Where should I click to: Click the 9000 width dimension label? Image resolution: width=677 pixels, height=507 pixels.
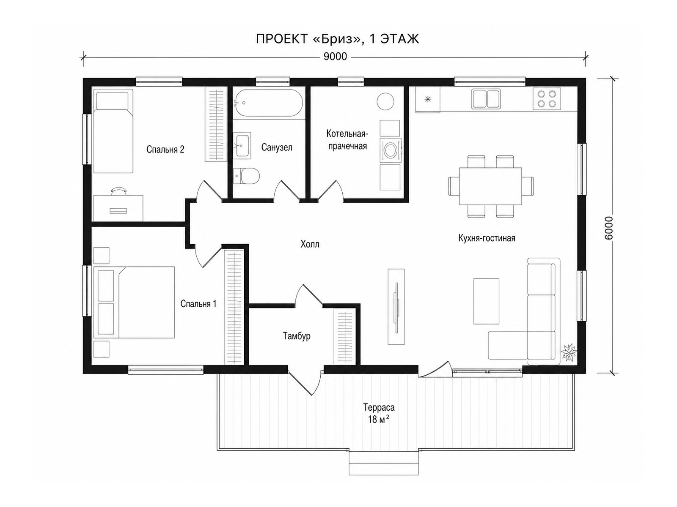point(335,57)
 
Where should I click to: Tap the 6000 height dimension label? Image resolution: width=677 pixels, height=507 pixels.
point(608,228)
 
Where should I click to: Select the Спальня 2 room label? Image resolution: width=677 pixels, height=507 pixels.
point(165,149)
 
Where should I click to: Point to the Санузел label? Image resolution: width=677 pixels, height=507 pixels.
point(277,147)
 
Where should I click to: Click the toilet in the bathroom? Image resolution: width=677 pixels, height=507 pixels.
point(246,176)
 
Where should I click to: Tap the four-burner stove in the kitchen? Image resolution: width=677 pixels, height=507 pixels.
point(547,99)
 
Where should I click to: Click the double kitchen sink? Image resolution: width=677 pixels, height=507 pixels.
point(486,98)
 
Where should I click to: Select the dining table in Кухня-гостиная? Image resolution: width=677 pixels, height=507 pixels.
point(490,186)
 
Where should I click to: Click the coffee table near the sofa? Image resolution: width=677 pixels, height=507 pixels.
point(486,301)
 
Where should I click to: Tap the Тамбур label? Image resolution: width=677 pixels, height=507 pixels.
point(297,336)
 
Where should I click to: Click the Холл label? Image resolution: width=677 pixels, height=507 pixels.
point(310,244)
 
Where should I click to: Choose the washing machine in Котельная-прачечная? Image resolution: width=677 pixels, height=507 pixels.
point(391,150)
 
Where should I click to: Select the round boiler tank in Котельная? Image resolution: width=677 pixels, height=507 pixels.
point(385,101)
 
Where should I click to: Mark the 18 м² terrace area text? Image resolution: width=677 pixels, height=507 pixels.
point(377,419)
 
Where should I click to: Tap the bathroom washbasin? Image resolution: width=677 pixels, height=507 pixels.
point(242,145)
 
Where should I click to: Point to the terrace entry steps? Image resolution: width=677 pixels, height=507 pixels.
point(384,463)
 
